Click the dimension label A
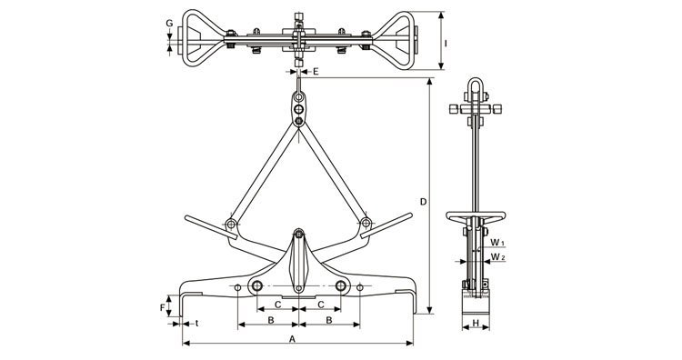293,338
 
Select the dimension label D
423,202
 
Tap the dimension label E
316,71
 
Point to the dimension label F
163,308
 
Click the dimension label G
170,23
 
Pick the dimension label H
476,323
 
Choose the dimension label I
446,44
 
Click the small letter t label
196,323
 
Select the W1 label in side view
497,242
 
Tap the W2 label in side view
498,257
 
